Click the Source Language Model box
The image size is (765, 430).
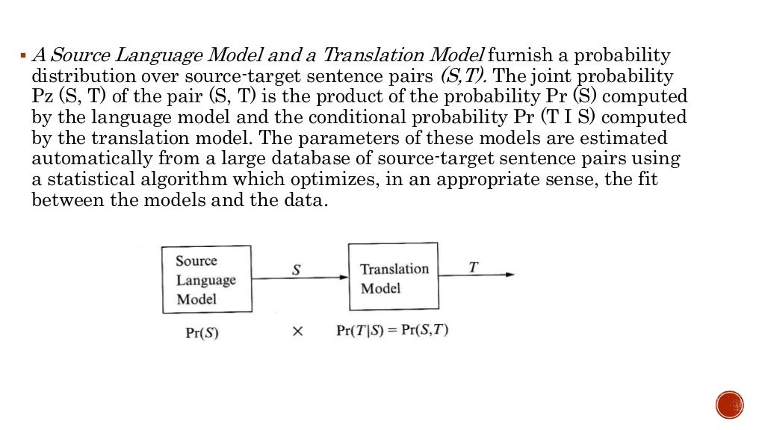point(206,280)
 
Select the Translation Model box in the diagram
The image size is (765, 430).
point(394,277)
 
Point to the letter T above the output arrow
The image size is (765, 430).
point(472,267)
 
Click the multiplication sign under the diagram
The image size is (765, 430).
point(297,333)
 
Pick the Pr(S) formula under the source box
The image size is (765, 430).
point(202,334)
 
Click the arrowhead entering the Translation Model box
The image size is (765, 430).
point(344,277)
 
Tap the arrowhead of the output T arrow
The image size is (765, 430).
point(510,275)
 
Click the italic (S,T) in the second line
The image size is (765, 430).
point(465,76)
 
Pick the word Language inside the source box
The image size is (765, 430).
point(206,281)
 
